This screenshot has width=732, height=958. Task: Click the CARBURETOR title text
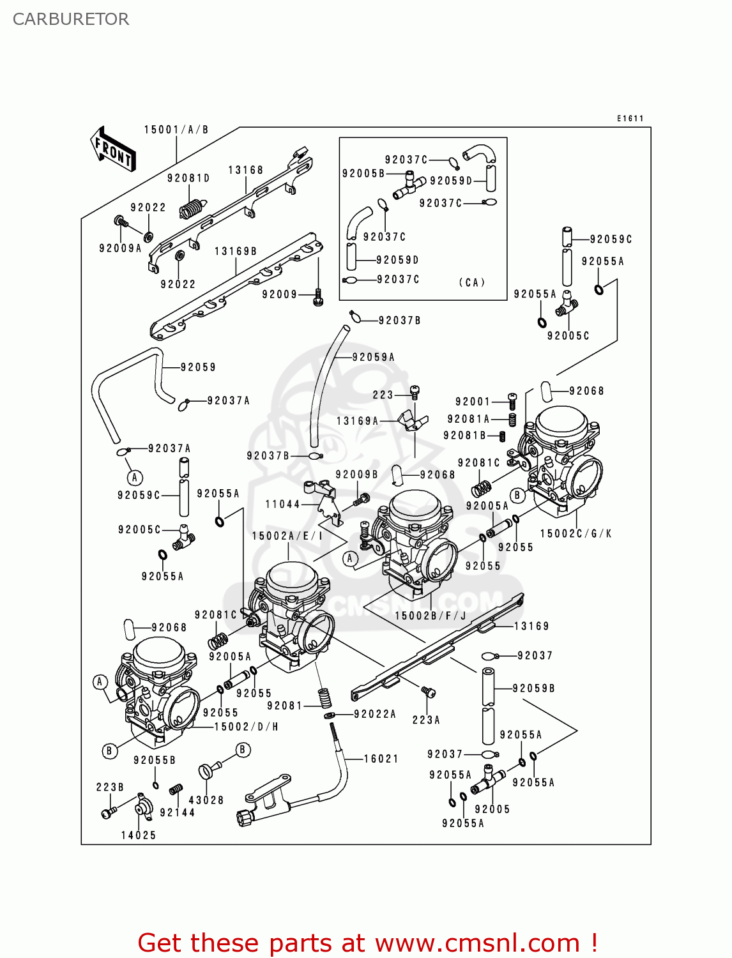tap(71, 19)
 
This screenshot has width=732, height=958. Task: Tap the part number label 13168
tap(246, 170)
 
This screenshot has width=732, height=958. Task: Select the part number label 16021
tap(381, 759)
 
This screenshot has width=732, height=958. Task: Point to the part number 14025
tap(139, 835)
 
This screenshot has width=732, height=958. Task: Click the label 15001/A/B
tap(176, 130)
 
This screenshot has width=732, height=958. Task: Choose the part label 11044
tap(282, 505)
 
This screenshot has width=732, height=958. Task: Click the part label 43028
tap(206, 800)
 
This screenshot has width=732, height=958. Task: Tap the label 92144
tap(177, 812)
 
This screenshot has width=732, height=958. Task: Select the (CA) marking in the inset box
tap(472, 282)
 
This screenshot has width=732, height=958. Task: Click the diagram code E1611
tap(630, 119)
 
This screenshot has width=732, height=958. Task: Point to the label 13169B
tap(236, 252)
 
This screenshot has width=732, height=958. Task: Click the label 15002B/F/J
tap(431, 616)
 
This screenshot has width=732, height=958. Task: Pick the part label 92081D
tap(188, 178)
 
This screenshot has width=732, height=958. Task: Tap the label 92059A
tap(374, 358)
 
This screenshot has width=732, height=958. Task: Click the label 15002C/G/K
tap(576, 533)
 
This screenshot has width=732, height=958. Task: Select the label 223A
tap(426, 720)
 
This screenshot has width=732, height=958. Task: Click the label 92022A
tap(375, 714)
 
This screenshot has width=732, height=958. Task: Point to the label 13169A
tap(358, 421)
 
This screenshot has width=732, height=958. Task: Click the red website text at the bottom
tap(367, 943)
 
